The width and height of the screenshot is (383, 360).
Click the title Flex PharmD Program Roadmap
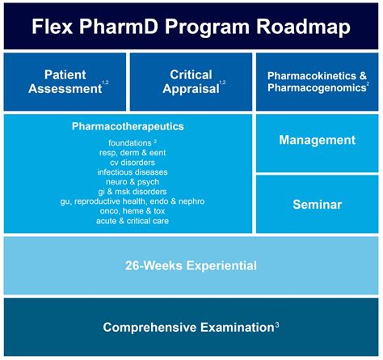point(191,26)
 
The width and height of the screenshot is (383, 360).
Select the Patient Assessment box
point(65,82)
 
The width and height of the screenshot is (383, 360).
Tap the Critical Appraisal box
point(191,82)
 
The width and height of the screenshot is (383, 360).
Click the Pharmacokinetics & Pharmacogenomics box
point(318,82)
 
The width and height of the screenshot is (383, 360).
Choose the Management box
point(318,140)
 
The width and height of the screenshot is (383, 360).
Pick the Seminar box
point(318,204)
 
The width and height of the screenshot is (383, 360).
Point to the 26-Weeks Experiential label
point(191,265)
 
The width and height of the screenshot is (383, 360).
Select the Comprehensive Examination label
point(187,328)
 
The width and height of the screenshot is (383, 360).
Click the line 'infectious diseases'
point(128,172)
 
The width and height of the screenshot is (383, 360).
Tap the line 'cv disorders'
point(128,162)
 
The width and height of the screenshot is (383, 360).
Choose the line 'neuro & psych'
point(128,181)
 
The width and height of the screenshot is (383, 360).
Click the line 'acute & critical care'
point(128,221)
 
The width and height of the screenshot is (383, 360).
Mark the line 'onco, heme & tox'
point(128,211)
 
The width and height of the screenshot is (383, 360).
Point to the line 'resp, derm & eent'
point(128,152)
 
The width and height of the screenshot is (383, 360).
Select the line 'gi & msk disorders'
point(128,191)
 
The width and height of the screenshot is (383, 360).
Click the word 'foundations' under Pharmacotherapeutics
point(124,142)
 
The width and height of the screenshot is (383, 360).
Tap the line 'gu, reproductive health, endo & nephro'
point(128,201)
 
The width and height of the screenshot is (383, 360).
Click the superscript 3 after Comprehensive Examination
point(277,325)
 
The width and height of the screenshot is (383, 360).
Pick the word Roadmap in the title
point(305,26)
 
